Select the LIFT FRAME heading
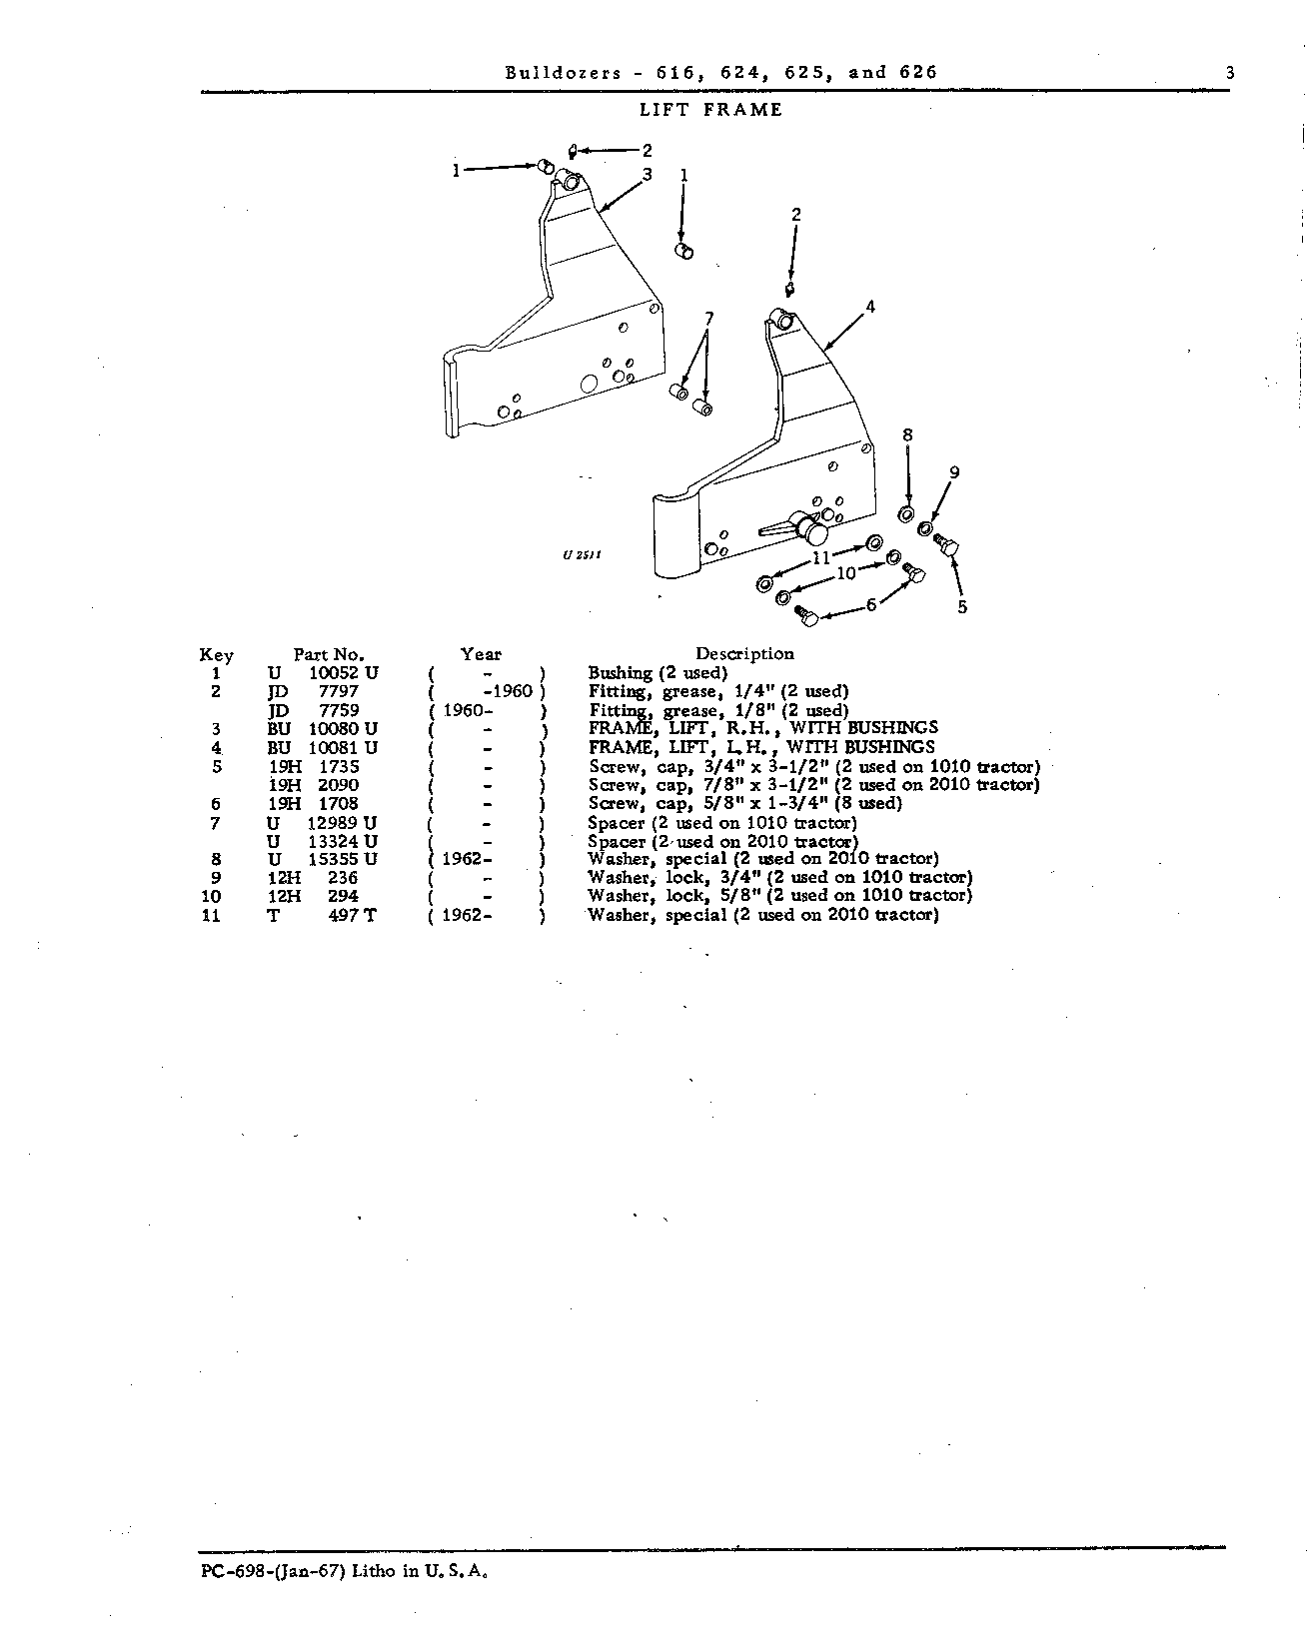[x=710, y=110]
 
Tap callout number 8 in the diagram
[x=907, y=435]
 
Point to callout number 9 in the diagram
[x=954, y=472]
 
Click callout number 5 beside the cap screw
[x=962, y=606]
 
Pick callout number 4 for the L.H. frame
[x=870, y=307]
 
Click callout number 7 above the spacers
[x=708, y=319]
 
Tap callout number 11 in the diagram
[x=821, y=558]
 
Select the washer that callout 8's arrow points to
[x=905, y=513]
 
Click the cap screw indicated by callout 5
[x=946, y=545]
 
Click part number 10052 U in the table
[x=344, y=673]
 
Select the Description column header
[x=744, y=654]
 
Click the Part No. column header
[x=329, y=654]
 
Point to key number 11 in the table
[x=212, y=915]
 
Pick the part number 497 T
[x=352, y=915]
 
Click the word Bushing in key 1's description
[x=620, y=673]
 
